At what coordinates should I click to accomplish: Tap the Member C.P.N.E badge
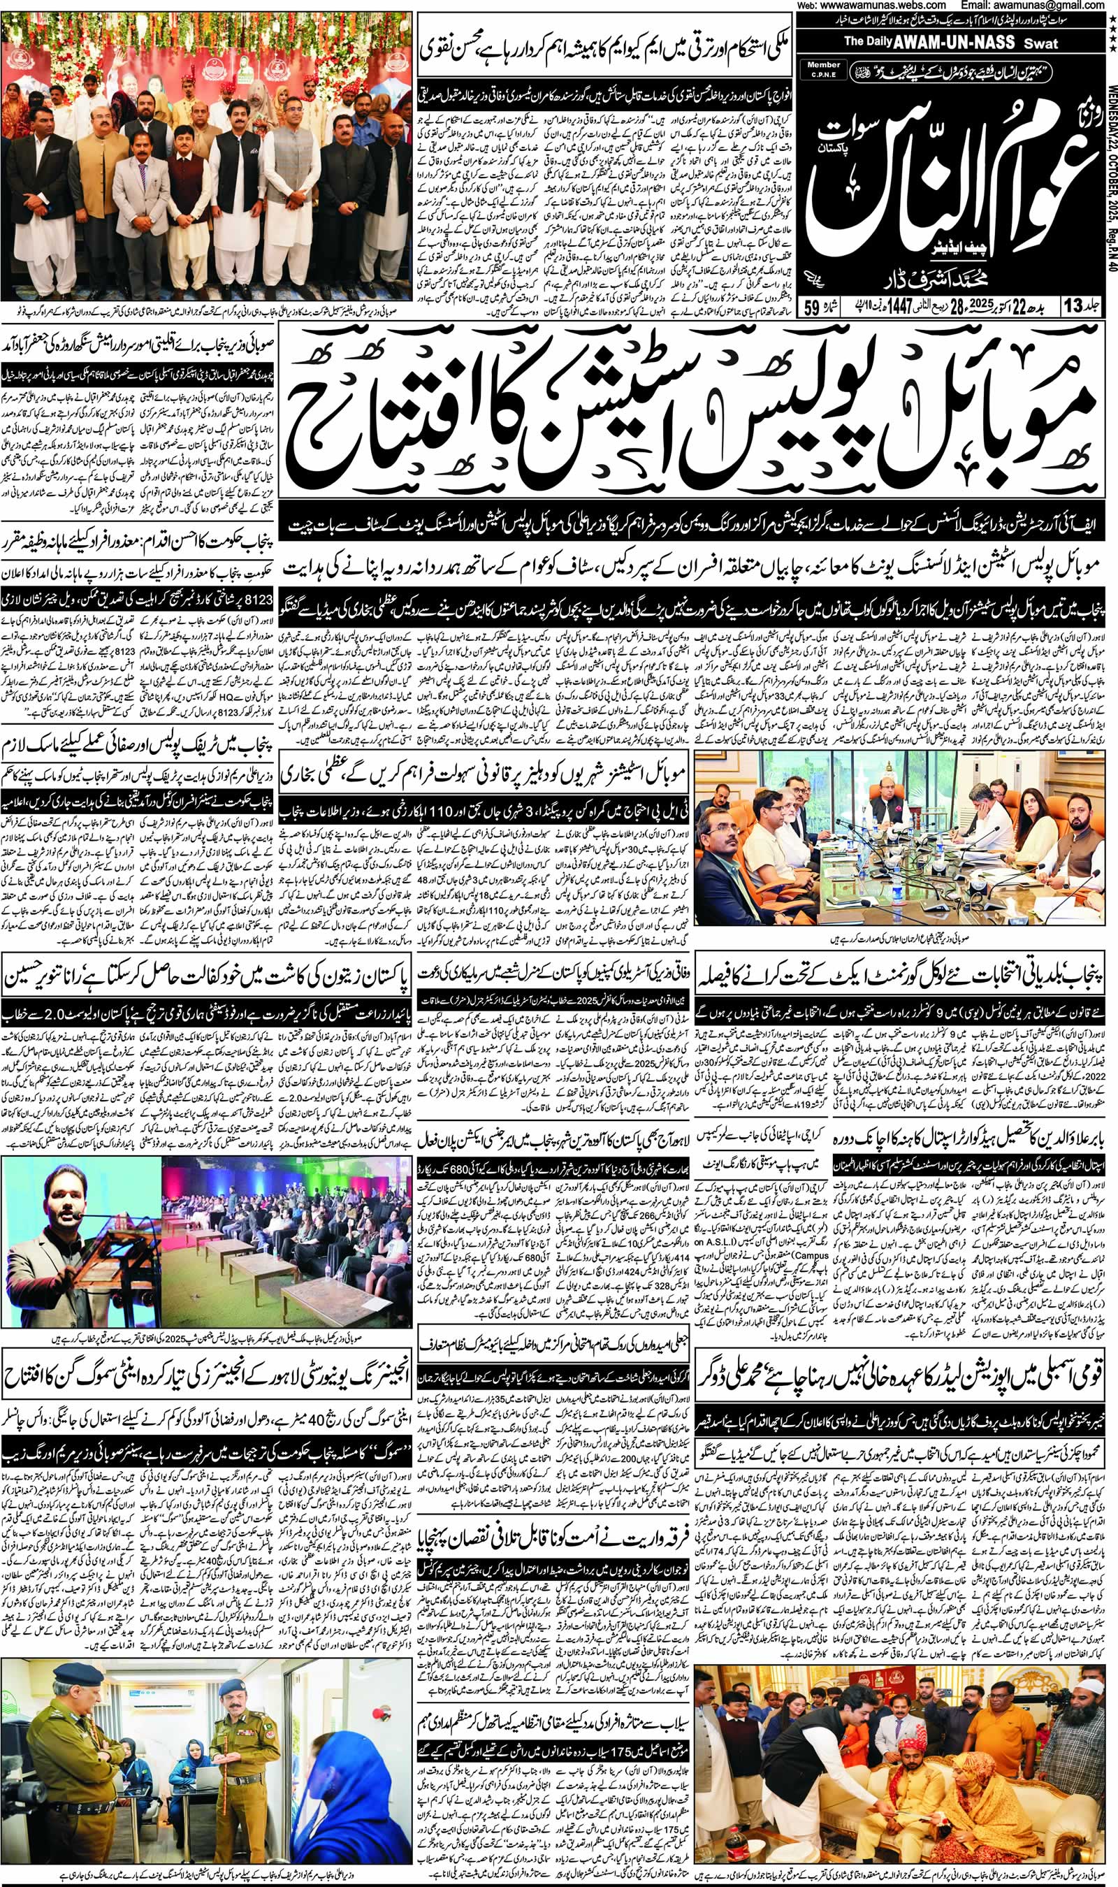823,70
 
